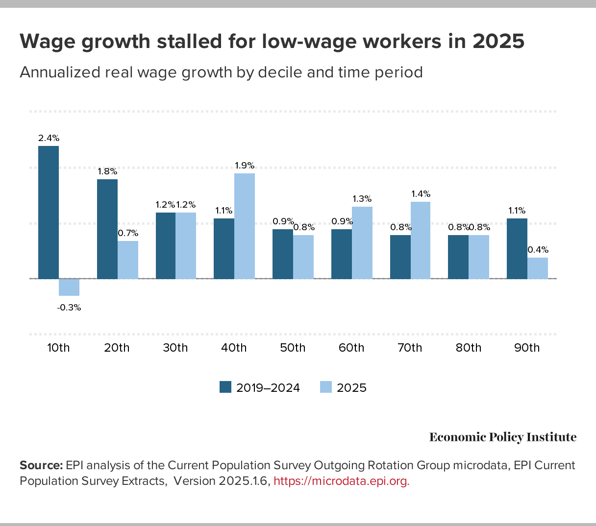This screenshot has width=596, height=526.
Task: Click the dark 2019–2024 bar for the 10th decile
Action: click(x=49, y=212)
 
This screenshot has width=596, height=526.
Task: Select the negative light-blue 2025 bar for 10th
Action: click(x=69, y=287)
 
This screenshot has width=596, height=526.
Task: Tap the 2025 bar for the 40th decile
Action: click(x=245, y=226)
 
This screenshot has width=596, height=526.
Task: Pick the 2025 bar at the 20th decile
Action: click(x=128, y=260)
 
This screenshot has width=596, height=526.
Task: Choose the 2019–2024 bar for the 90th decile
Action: click(x=517, y=249)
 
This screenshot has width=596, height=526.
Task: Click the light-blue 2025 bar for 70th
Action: click(x=421, y=240)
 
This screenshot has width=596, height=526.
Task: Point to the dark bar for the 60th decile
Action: click(x=342, y=254)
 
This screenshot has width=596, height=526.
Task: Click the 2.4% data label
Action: click(x=49, y=138)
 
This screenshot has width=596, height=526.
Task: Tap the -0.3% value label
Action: click(x=69, y=308)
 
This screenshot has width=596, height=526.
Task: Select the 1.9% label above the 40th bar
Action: click(x=245, y=166)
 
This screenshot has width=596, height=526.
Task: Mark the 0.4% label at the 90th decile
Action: click(x=538, y=250)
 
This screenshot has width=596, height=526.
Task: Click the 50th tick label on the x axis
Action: click(x=293, y=348)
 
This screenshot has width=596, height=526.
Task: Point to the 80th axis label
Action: click(x=469, y=348)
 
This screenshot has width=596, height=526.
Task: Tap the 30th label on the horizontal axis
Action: click(x=175, y=348)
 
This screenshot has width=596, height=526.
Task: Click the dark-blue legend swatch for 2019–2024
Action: click(x=225, y=387)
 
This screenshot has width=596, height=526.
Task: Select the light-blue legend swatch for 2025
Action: click(x=326, y=387)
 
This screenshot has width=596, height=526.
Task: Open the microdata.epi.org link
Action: click(x=341, y=481)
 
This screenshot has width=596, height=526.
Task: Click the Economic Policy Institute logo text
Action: click(x=503, y=437)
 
